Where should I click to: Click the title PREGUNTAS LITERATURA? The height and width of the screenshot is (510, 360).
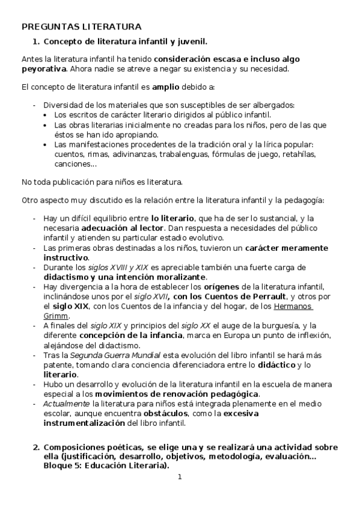point(81,26)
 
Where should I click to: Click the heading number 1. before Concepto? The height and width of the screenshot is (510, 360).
point(36,41)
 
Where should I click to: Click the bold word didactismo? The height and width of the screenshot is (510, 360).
point(66,277)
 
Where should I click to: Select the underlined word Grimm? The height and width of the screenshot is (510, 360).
point(56,316)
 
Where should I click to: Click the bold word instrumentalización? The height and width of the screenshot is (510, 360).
point(84,423)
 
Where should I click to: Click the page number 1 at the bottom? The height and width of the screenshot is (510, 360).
point(180,478)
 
